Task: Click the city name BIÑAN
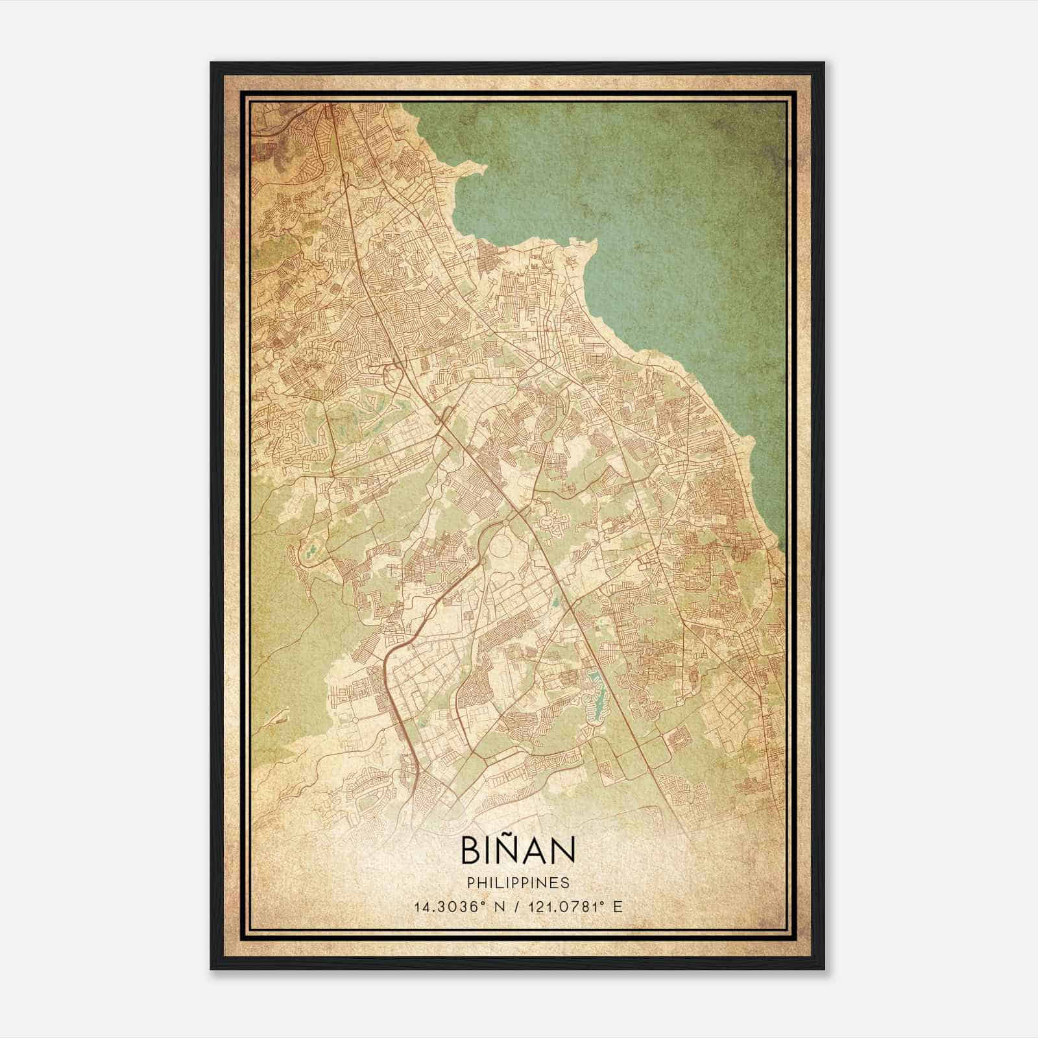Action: coord(518,851)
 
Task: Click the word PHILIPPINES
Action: coord(518,883)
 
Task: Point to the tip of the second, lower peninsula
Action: coord(593,241)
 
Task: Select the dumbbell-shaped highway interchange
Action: coord(442,422)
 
